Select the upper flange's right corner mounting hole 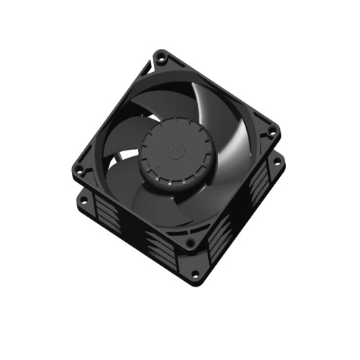pos(272,133)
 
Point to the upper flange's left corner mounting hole pos(80,170)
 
